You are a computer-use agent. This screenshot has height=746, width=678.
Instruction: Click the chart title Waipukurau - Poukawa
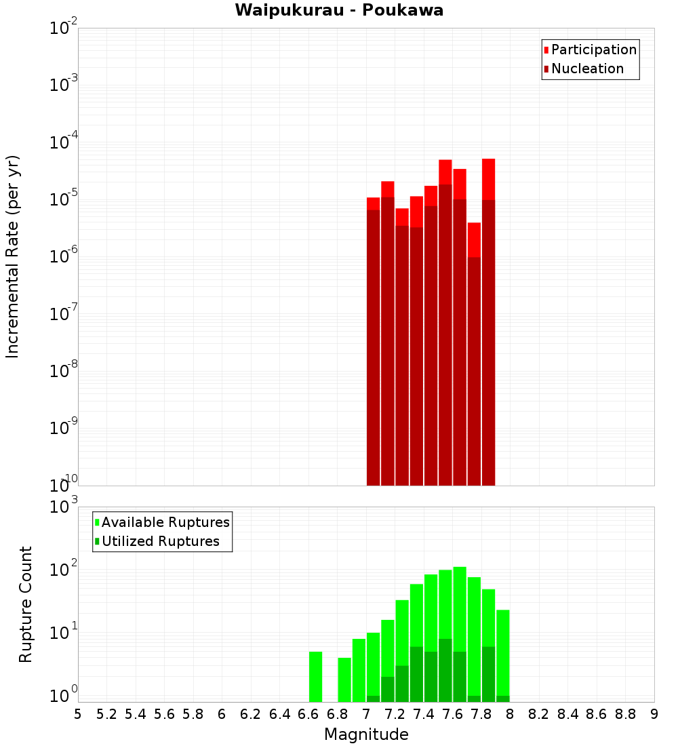(339, 10)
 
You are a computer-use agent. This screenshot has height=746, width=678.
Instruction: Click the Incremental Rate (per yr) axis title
(13, 256)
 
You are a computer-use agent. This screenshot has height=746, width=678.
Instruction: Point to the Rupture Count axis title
(26, 604)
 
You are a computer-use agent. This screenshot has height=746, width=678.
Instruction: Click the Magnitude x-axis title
(366, 734)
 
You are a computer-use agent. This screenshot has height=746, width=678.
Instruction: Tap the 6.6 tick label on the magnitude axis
(308, 714)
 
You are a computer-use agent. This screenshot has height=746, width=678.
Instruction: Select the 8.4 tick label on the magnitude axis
(568, 714)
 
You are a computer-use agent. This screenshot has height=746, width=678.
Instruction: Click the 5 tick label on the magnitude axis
(78, 714)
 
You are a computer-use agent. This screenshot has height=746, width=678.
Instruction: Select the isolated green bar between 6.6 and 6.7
(315, 677)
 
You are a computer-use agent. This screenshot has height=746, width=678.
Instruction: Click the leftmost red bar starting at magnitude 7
(373, 339)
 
